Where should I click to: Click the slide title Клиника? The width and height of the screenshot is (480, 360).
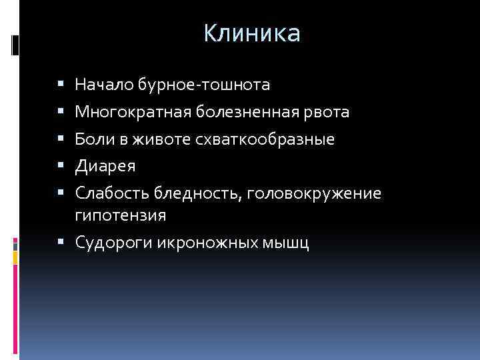point(252,33)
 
